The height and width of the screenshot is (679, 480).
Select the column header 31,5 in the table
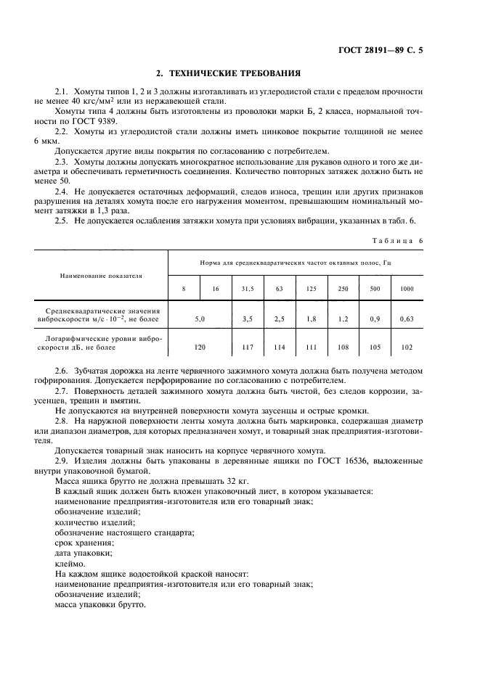tap(248, 289)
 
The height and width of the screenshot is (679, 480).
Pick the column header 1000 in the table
tap(407, 289)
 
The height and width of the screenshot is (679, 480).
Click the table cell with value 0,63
tap(407, 318)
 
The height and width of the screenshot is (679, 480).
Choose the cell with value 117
tap(248, 347)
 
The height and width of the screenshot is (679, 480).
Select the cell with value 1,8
tap(311, 318)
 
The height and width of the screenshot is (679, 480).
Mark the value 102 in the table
tap(407, 347)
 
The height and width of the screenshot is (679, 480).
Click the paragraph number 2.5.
tap(61, 221)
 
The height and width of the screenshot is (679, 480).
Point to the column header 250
tap(343, 289)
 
